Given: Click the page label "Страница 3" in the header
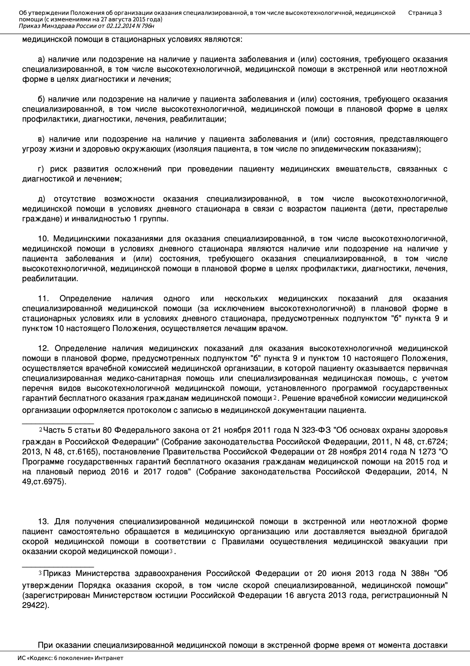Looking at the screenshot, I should pos(425,13).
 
